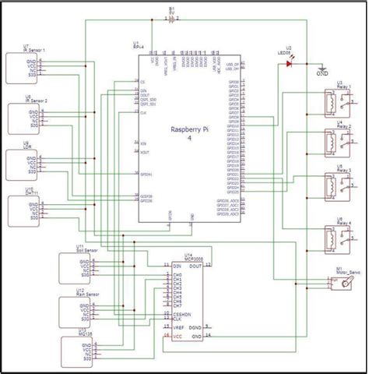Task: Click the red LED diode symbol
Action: point(290,64)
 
